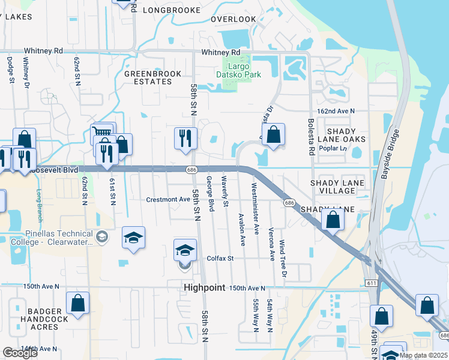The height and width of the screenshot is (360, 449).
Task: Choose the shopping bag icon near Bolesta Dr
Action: pos(273,135)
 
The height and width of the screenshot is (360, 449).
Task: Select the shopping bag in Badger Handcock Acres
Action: pos(77,304)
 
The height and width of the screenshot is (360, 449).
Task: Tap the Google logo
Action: pos(20,353)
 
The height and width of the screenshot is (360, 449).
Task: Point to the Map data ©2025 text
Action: pos(423,355)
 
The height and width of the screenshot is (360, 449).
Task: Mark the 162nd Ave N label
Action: pos(336,111)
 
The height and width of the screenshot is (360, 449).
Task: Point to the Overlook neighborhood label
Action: pos(234,19)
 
